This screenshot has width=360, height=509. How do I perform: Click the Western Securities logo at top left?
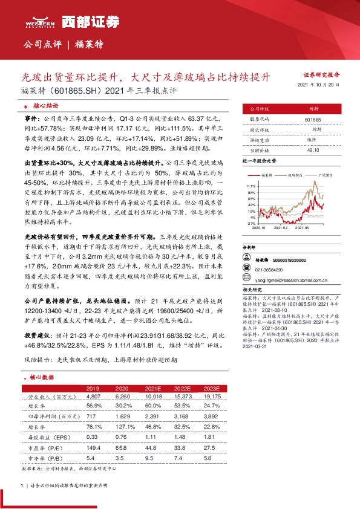[40, 23]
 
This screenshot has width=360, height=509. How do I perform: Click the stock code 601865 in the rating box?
[313, 120]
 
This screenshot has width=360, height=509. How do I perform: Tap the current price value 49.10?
[313, 149]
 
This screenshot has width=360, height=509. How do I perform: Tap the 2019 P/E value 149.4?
[93, 448]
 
